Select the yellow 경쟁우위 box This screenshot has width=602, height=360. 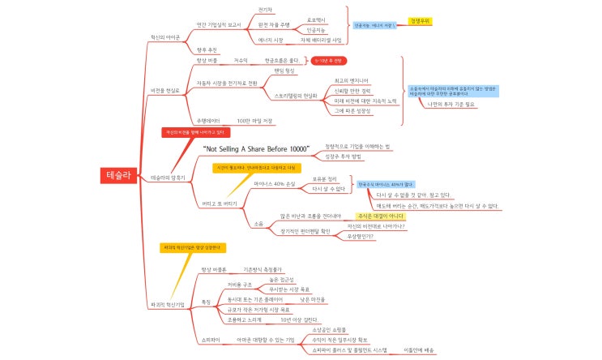tap(419, 20)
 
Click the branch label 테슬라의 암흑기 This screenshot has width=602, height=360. tap(169, 176)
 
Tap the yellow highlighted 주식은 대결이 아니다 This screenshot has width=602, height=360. tap(380, 216)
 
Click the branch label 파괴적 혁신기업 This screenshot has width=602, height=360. tap(169, 304)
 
